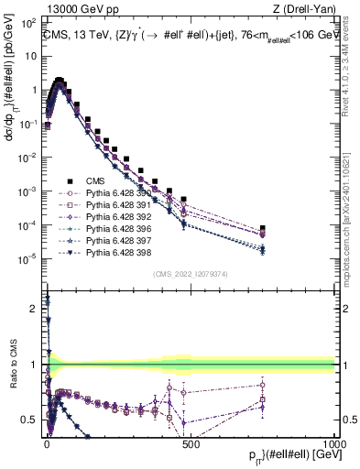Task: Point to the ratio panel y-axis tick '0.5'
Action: coord(29,420)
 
